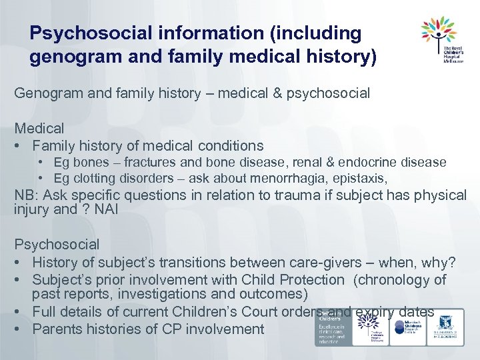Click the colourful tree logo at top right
click(439, 33)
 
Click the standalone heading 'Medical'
click(39, 128)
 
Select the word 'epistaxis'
click(361, 178)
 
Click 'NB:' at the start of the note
click(27, 195)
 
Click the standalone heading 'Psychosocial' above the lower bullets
click(57, 245)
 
